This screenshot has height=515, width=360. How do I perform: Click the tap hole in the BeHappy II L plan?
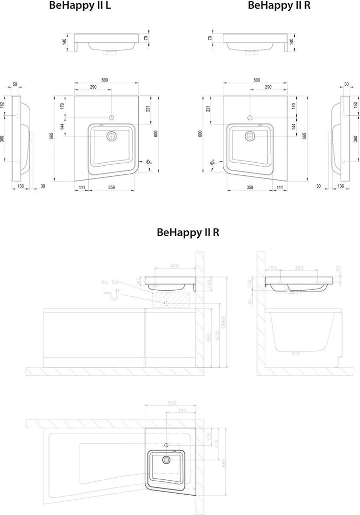coord(111,118)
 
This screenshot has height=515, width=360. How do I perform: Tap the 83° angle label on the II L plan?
coord(148,163)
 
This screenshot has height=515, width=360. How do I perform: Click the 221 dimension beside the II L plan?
coord(148,108)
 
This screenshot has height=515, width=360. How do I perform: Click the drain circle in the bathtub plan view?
coord(167,460)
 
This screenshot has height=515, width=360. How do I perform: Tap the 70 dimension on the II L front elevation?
coord(146,38)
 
